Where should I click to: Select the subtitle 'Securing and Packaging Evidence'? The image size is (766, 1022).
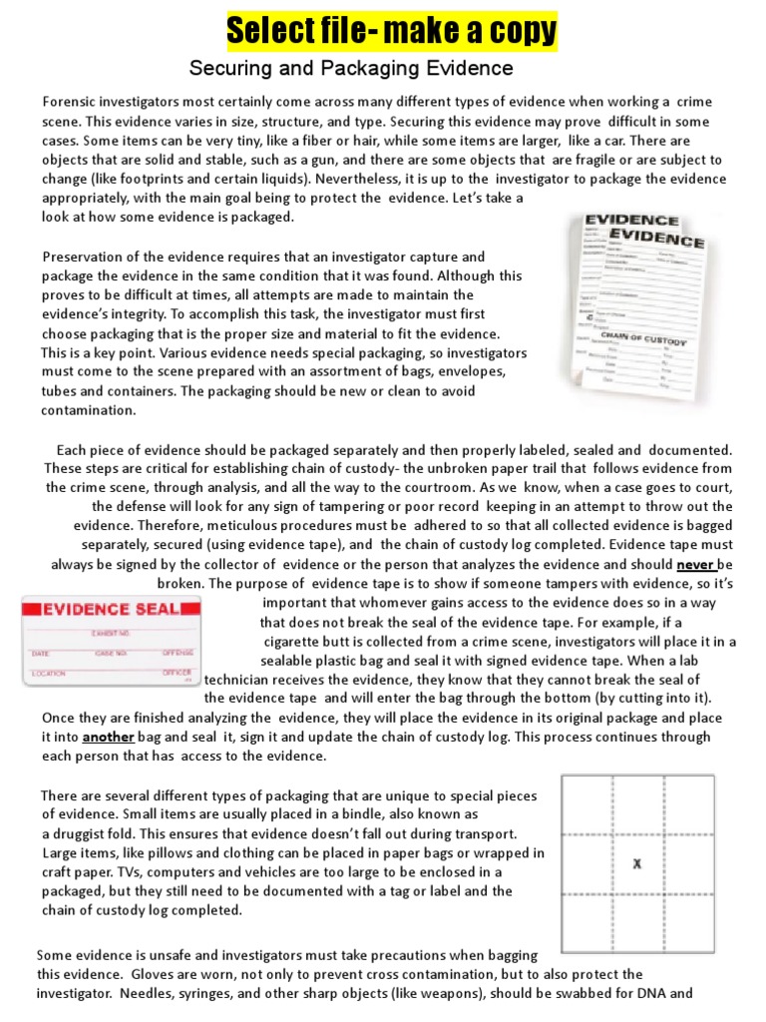point(351,69)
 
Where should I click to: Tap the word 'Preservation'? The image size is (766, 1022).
point(86,256)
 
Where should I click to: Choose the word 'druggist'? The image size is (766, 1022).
point(86,833)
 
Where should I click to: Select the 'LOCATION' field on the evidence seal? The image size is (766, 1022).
point(51,675)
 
